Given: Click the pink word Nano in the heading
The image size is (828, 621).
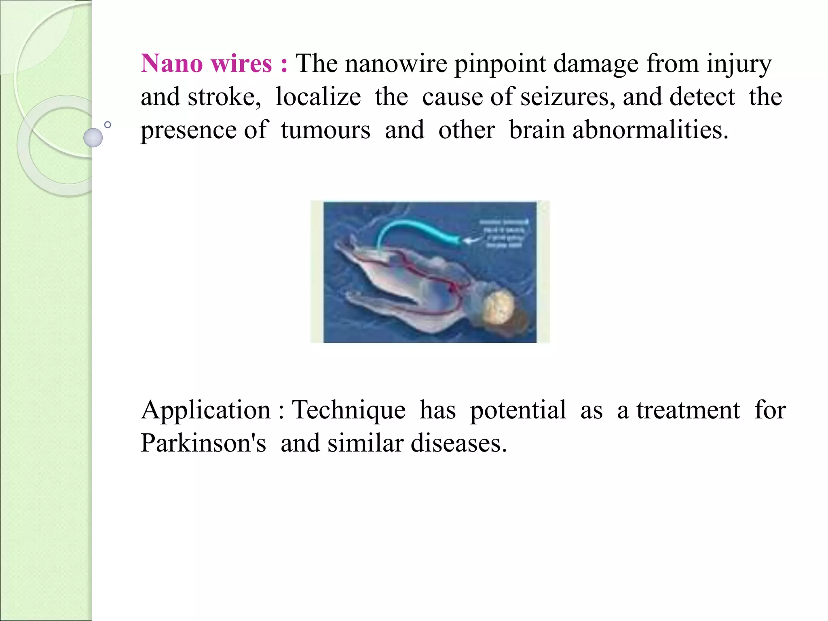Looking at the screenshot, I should pos(171,64).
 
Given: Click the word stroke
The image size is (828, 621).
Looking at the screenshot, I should pos(224,97).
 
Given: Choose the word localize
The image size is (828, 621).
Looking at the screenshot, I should pos(318,97).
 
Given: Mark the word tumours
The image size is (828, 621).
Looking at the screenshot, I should pos(325,130).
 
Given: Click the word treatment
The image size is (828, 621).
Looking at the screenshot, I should pos(688,410).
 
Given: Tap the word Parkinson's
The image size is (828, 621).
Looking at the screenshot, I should pos(203,443).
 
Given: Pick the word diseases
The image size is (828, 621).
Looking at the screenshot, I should pos(458,443).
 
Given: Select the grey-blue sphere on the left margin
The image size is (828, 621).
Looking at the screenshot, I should pos(93,137).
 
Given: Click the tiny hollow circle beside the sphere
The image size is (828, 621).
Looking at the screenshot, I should pos(108,125).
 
